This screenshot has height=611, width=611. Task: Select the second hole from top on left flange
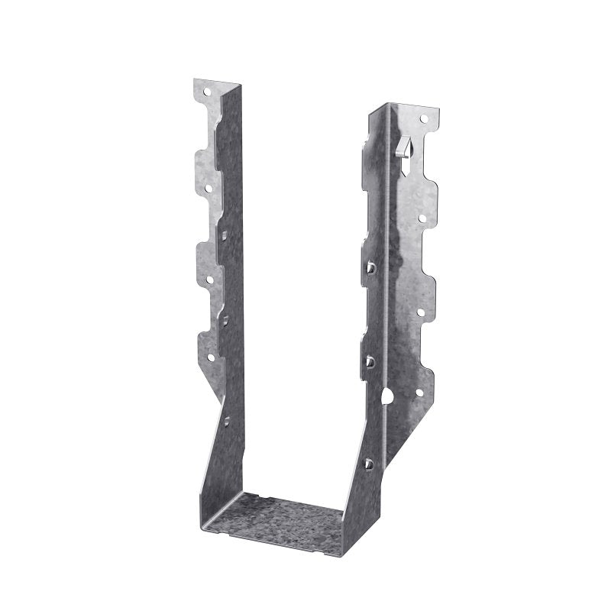click(207, 185)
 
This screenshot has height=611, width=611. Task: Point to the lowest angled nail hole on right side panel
click(368, 463)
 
